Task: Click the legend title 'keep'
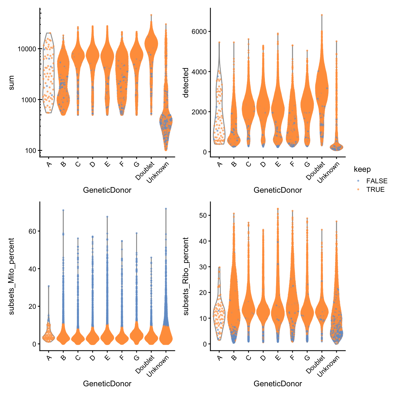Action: pyautogui.click(x=362, y=169)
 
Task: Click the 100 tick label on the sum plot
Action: pyautogui.click(x=30, y=151)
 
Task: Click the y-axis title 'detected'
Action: pyautogui.click(x=186, y=82)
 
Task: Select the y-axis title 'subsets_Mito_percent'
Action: pyautogui.click(x=11, y=276)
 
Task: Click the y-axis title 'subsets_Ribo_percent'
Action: pyautogui.click(x=186, y=276)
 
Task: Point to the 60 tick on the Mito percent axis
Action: pyautogui.click(x=32, y=231)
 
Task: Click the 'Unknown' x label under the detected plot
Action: pyautogui.click(x=329, y=172)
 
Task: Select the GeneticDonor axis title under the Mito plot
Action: pyautogui.click(x=107, y=384)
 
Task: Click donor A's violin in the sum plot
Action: pyautogui.click(x=49, y=74)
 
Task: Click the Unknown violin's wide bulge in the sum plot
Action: pyautogui.click(x=166, y=121)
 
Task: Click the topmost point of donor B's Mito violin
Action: pyautogui.click(x=63, y=210)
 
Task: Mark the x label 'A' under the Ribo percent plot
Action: pyautogui.click(x=220, y=358)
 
